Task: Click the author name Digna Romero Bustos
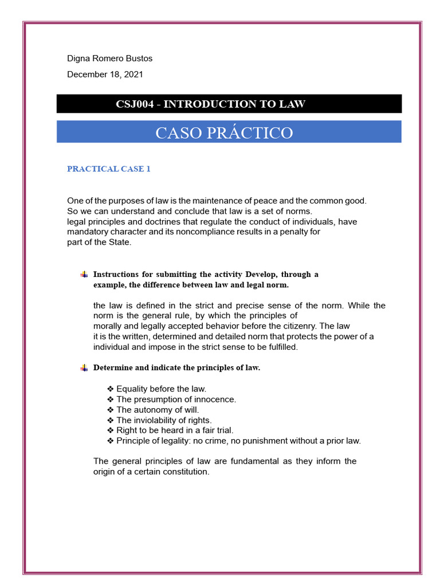point(110,58)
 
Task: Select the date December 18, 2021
point(105,75)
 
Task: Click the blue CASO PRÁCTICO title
point(224,133)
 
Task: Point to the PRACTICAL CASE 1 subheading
point(108,169)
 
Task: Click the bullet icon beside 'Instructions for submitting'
point(84,275)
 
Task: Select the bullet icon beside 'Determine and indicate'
point(84,368)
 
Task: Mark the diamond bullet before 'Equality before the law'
point(111,389)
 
